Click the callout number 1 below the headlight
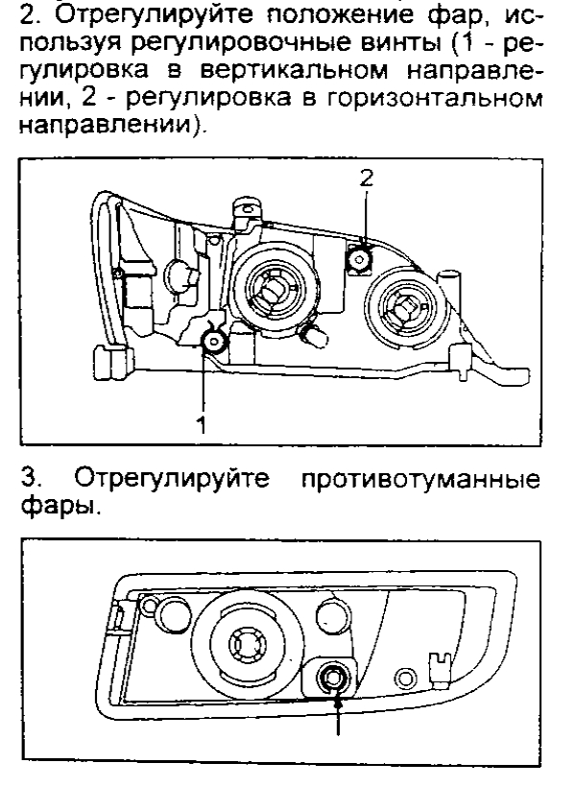coord(201,426)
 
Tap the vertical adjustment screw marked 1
coord(213,339)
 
